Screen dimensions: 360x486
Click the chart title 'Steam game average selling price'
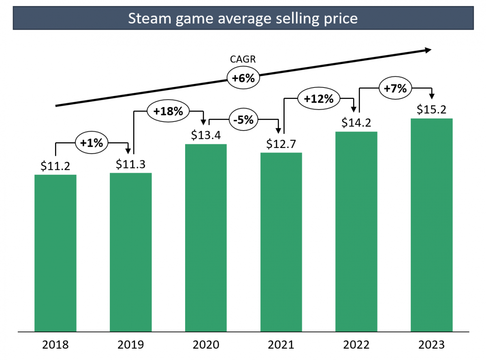(x=243, y=18)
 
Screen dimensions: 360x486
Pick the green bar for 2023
(x=431, y=225)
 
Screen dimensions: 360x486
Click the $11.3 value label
(x=131, y=164)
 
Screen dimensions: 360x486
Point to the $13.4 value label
(x=206, y=135)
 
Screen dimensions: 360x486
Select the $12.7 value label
(x=281, y=144)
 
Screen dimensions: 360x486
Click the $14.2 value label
(x=356, y=122)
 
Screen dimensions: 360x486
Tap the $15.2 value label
(x=432, y=109)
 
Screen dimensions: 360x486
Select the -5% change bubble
(x=243, y=120)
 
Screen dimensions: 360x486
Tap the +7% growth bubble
(x=395, y=88)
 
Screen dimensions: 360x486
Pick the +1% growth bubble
(x=92, y=143)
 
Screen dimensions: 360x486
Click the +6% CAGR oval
(x=243, y=78)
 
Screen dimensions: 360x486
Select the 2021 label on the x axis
(x=281, y=345)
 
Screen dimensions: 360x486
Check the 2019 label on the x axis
(x=131, y=345)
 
